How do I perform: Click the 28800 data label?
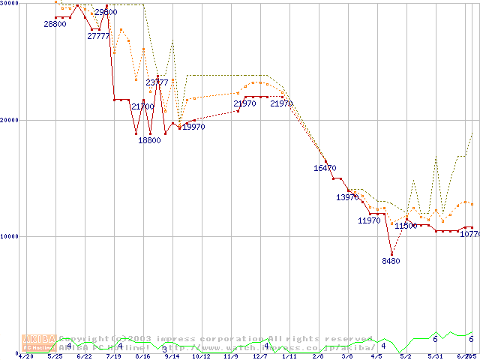pyautogui.click(x=55, y=24)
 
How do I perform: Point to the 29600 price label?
pyautogui.click(x=106, y=12)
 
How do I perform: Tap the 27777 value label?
pyautogui.click(x=98, y=36)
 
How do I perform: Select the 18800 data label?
pyautogui.click(x=149, y=140)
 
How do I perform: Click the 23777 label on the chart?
pyautogui.click(x=157, y=82)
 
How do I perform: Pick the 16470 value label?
pyautogui.click(x=325, y=169)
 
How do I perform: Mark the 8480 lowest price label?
pyautogui.click(x=391, y=261)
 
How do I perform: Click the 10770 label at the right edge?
pyautogui.click(x=469, y=235)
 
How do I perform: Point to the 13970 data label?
pyautogui.click(x=347, y=197)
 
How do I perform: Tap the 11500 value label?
pyautogui.click(x=406, y=226)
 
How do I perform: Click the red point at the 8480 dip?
pyautogui.click(x=391, y=253)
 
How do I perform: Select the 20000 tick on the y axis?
pyautogui.click(x=10, y=120)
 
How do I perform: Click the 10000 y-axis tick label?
pyautogui.click(x=10, y=236)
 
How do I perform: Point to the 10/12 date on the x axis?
pyautogui.click(x=201, y=356)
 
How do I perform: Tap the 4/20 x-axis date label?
pyautogui.click(x=25, y=356)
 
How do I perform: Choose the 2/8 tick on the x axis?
pyautogui.click(x=318, y=356)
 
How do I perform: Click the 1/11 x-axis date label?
pyautogui.click(x=289, y=356)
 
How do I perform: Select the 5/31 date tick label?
pyautogui.click(x=435, y=356)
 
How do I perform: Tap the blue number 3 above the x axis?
pyautogui.click(x=164, y=349)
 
